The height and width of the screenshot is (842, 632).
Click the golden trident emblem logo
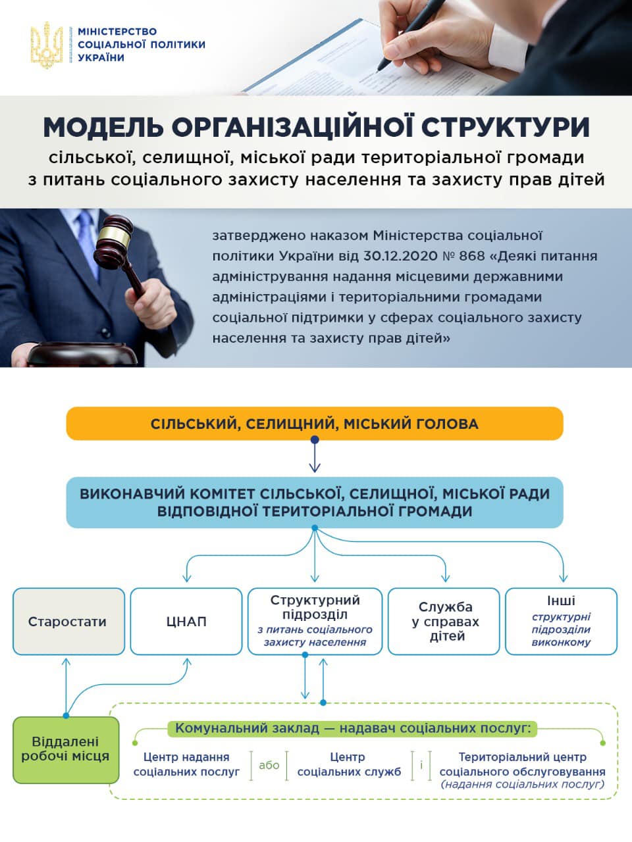click(47, 45)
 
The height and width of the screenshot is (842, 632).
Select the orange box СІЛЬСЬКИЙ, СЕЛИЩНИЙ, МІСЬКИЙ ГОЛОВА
click(315, 424)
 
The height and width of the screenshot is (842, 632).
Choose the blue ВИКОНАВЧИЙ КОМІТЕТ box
click(315, 503)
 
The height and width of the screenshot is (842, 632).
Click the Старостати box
click(68, 622)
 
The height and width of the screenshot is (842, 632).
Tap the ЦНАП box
click(186, 622)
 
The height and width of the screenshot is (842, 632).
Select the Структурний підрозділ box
click(315, 622)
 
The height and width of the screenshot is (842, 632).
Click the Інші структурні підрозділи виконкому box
click(561, 622)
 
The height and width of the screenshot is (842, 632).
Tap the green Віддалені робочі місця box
click(66, 750)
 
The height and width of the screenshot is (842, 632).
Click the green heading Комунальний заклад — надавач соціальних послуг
click(353, 728)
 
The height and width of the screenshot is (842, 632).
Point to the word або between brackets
click(269, 765)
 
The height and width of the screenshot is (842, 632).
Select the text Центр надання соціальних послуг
click(186, 764)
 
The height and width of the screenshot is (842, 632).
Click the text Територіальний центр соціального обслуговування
click(522, 764)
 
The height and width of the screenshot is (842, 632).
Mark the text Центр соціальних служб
click(348, 764)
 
